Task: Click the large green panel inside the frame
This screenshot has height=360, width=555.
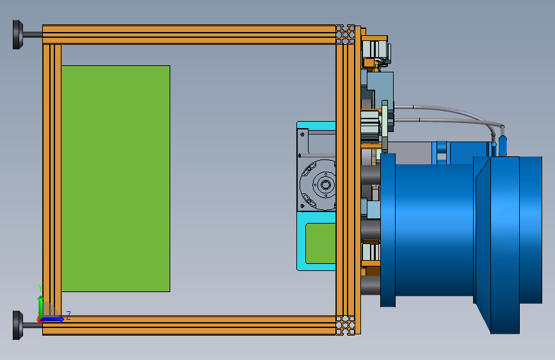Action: coord(116,179)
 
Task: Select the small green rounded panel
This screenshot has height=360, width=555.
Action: coord(321,243)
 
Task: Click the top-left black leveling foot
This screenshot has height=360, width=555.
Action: coord(18,35)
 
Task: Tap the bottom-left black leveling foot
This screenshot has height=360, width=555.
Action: coord(18,325)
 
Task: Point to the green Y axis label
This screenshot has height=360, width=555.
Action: coord(40,288)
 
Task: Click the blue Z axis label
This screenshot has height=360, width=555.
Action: coord(68,315)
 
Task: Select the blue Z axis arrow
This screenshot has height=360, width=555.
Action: coord(52,319)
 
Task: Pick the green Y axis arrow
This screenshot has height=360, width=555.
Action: coord(41,307)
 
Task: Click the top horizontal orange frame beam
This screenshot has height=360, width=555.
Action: coord(189,35)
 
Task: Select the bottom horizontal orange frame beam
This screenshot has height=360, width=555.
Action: coord(189,325)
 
